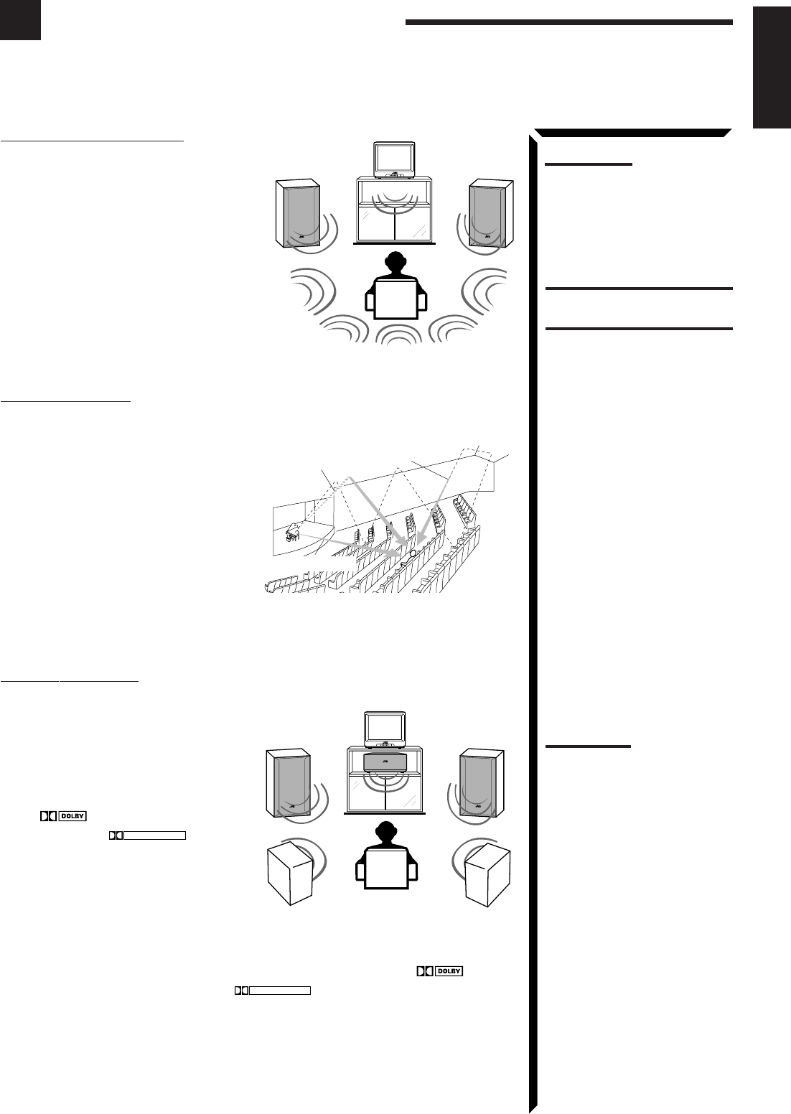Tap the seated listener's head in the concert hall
tap(411, 553)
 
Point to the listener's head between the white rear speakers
tap(385, 833)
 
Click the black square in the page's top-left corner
tap(20, 19)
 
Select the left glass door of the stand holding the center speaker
tap(366, 797)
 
